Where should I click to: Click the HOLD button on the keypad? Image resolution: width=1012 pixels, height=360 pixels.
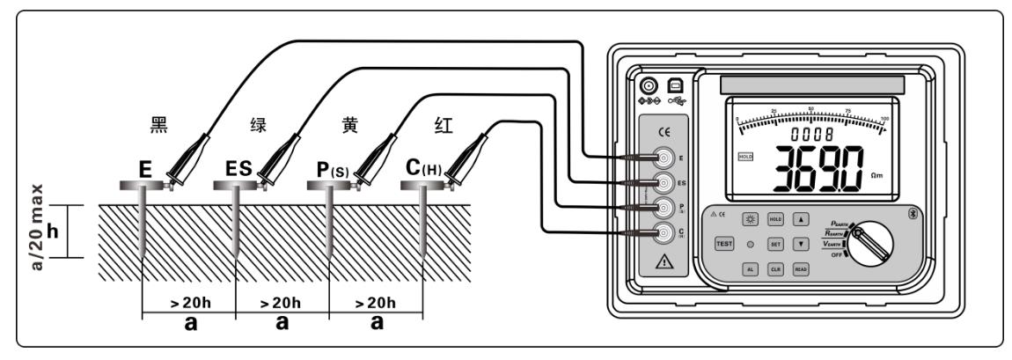coord(776,219)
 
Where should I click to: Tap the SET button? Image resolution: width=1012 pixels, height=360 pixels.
coord(776,243)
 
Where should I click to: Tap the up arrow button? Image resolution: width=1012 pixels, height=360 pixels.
coord(801,219)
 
